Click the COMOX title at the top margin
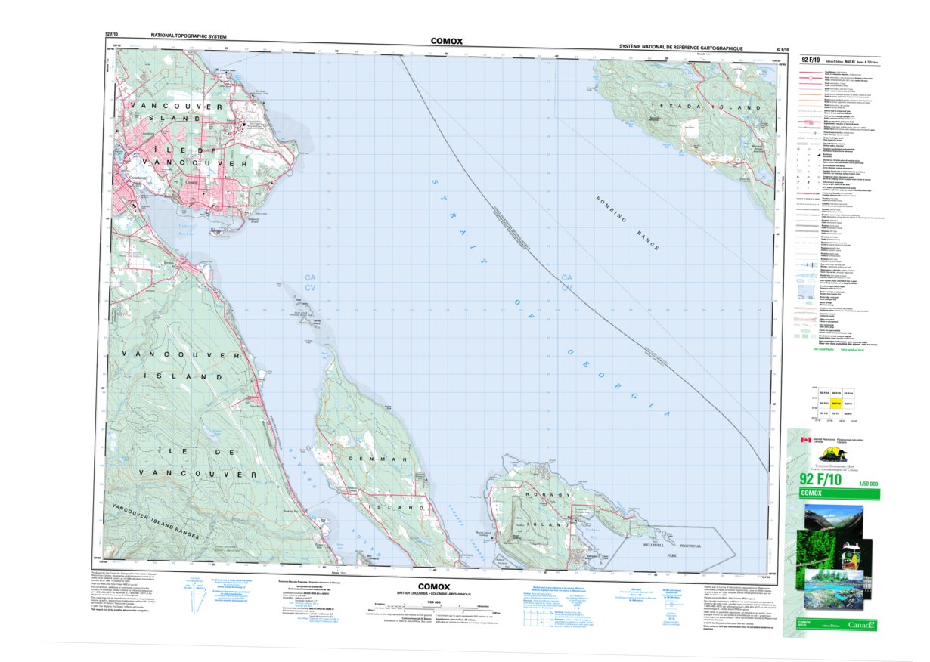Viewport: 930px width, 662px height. (x=446, y=41)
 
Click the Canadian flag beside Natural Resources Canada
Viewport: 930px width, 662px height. (x=806, y=440)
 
